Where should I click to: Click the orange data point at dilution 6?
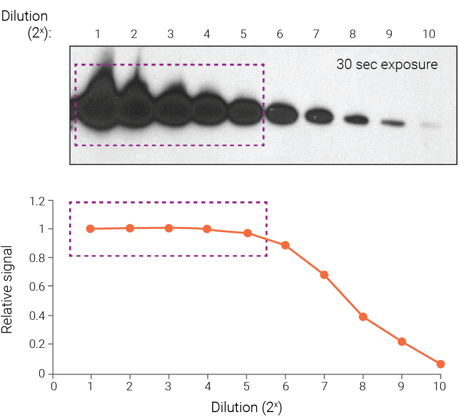pyautogui.click(x=285, y=245)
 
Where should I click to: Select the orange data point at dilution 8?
pyautogui.click(x=363, y=317)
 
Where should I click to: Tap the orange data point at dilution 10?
pyautogui.click(x=441, y=364)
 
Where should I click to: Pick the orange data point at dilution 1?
pyautogui.click(x=90, y=229)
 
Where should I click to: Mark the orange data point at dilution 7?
pyautogui.click(x=324, y=275)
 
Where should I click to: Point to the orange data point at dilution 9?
pyautogui.click(x=402, y=341)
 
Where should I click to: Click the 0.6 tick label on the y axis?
pyautogui.click(x=38, y=286)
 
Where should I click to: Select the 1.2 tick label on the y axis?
pyautogui.click(x=38, y=201)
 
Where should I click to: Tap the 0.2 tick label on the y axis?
pyautogui.click(x=38, y=344)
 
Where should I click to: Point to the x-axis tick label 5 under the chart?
pyautogui.click(x=246, y=386)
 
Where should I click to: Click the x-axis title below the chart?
pyautogui.click(x=246, y=408)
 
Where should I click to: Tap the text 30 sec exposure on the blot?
pyautogui.click(x=387, y=65)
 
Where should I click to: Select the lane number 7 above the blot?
pyautogui.click(x=316, y=34)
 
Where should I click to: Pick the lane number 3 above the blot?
pyautogui.click(x=170, y=34)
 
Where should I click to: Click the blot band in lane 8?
pyautogui.click(x=356, y=119)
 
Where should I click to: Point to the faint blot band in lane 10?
pyautogui.click(x=429, y=126)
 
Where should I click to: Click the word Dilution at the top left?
pyautogui.click(x=25, y=16)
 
